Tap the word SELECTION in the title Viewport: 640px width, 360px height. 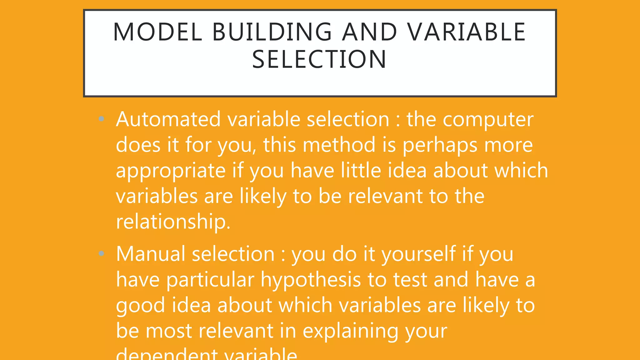point(319,59)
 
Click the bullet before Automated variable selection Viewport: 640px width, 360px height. point(101,119)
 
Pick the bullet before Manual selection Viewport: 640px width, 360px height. point(101,253)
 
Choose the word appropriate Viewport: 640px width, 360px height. point(171,171)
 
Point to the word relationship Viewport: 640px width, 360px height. point(173,222)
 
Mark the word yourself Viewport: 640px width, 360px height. point(418,254)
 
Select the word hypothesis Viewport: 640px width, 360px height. point(311,280)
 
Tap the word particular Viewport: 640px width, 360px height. point(210,280)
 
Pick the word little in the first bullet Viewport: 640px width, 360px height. point(361,171)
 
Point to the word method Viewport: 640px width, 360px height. point(339,145)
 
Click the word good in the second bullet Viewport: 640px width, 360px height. point(140,306)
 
